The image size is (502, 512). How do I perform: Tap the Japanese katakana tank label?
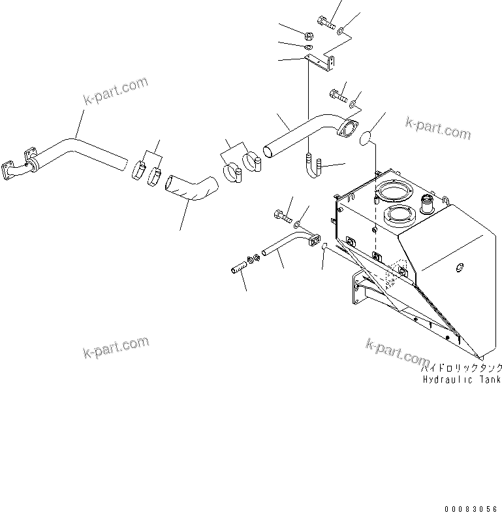463,368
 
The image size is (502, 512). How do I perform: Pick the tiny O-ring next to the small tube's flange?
324,246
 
